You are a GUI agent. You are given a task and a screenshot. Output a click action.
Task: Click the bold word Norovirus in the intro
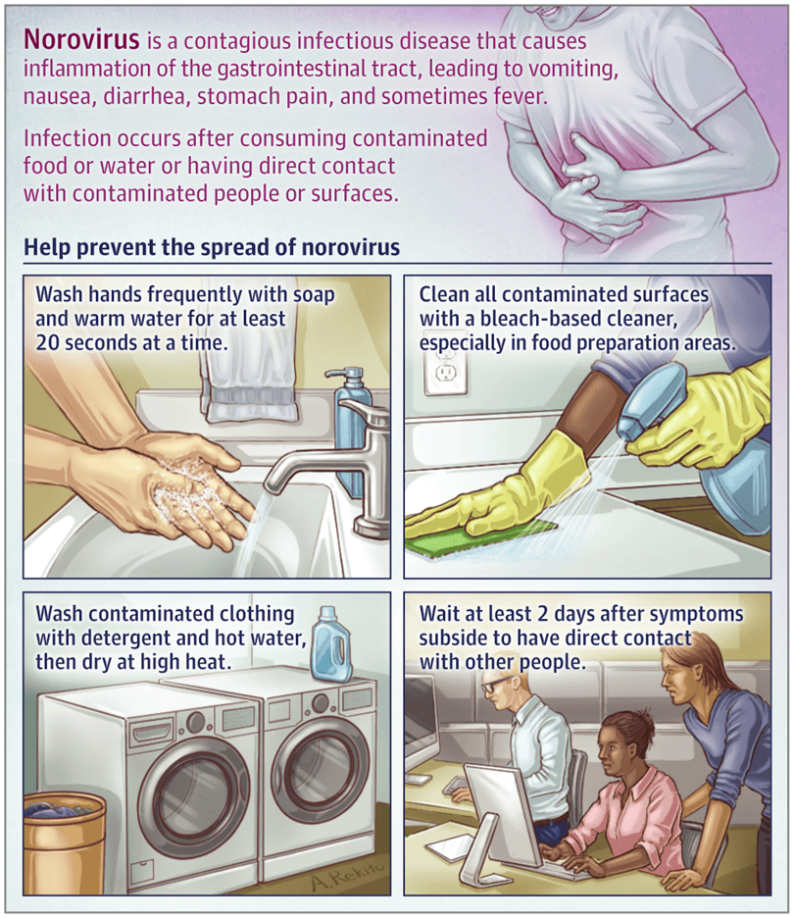point(81,40)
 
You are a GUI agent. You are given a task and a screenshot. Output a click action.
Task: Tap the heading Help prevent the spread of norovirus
point(212,247)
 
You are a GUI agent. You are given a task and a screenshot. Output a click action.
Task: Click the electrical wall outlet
point(446,372)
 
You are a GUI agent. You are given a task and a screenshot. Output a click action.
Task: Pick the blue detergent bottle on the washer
point(330,644)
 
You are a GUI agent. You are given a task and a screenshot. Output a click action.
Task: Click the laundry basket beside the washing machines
point(65,843)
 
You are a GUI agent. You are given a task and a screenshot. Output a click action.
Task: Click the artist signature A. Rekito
point(350,874)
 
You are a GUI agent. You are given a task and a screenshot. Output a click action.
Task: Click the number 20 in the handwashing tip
point(47,342)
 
